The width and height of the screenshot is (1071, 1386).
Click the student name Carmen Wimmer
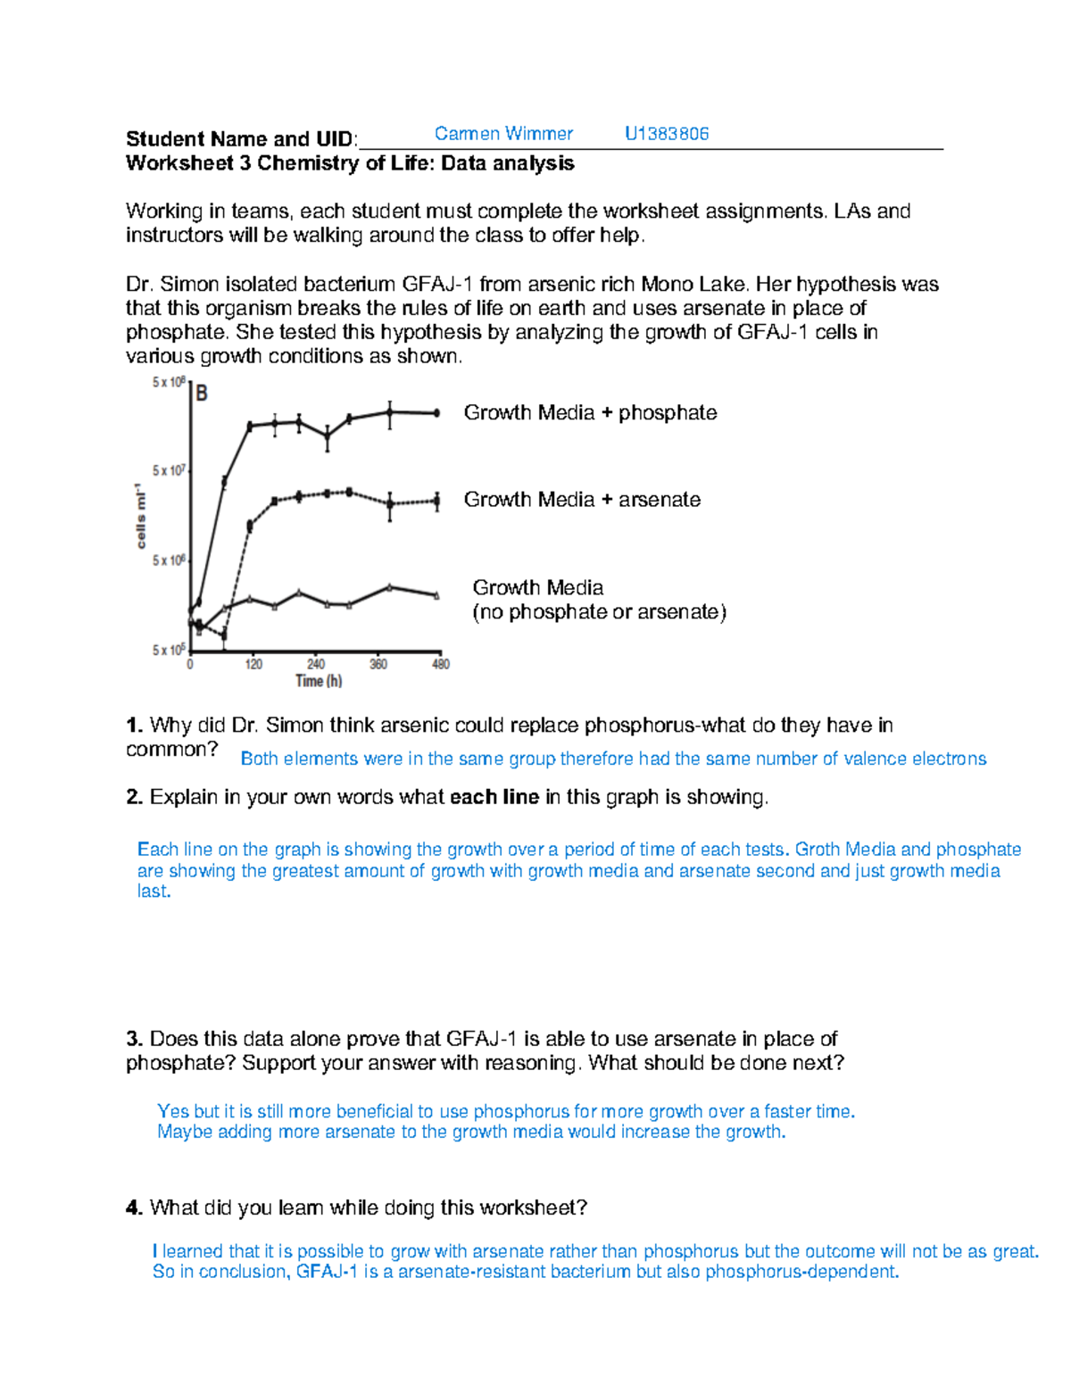pyautogui.click(x=503, y=134)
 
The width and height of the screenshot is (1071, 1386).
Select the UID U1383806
pyautogui.click(x=667, y=134)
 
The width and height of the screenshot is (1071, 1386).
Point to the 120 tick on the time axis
pyautogui.click(x=253, y=664)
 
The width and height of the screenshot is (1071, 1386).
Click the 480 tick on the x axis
pyautogui.click(x=441, y=664)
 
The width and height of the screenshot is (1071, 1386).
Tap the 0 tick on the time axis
pyautogui.click(x=190, y=664)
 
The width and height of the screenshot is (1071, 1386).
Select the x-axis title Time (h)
pyautogui.click(x=319, y=681)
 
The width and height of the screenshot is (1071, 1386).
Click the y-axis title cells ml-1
pyautogui.click(x=140, y=516)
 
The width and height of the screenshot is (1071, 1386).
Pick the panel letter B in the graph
pyautogui.click(x=202, y=394)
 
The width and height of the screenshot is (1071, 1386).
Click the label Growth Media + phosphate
pyautogui.click(x=590, y=412)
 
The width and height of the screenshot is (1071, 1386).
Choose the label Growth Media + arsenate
pyautogui.click(x=582, y=500)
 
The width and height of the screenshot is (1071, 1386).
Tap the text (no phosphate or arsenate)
pyautogui.click(x=599, y=612)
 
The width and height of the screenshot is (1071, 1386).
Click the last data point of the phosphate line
pyautogui.click(x=436, y=413)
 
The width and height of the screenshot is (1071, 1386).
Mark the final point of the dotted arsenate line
pyautogui.click(x=436, y=502)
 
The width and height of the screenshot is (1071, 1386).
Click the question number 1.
pyautogui.click(x=134, y=726)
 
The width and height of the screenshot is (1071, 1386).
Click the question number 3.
pyautogui.click(x=134, y=1039)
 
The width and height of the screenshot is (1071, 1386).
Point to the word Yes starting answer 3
pyautogui.click(x=173, y=1111)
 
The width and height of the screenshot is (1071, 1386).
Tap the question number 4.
pyautogui.click(x=134, y=1208)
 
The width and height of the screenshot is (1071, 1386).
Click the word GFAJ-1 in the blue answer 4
pyautogui.click(x=327, y=1272)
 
